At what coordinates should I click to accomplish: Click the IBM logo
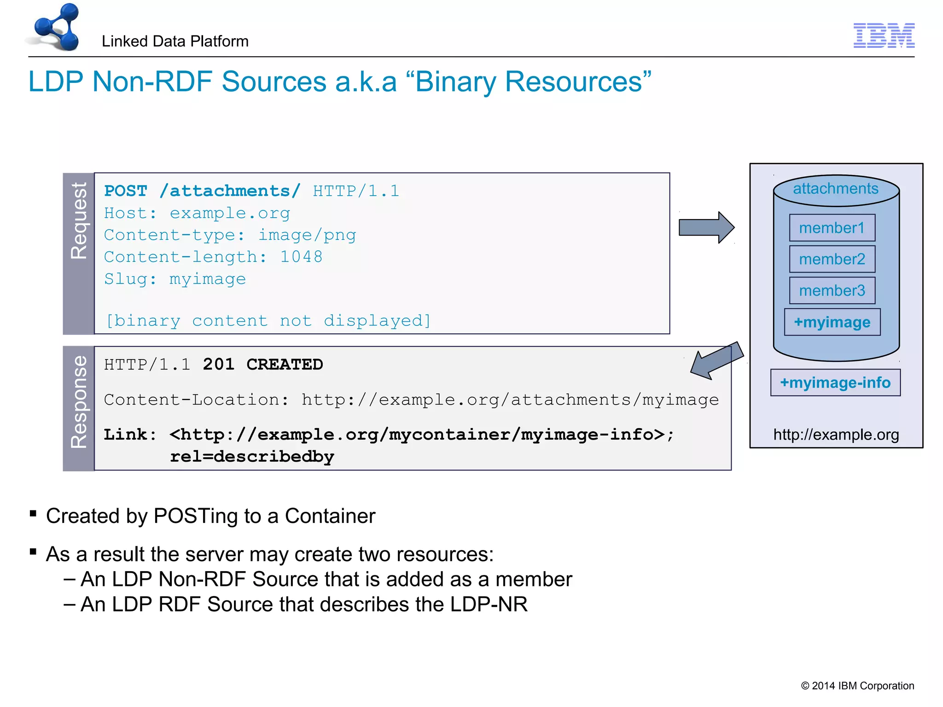click(x=884, y=35)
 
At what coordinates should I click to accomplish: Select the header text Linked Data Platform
click(x=175, y=41)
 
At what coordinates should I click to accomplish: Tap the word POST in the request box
click(x=126, y=191)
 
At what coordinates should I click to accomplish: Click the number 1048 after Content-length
click(x=301, y=257)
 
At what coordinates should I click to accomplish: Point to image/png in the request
click(x=307, y=235)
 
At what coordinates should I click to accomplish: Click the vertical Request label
click(x=79, y=221)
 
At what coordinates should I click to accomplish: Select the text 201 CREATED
click(x=263, y=365)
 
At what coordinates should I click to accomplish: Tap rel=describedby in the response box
click(x=252, y=457)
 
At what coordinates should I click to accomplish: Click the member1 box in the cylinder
click(x=832, y=228)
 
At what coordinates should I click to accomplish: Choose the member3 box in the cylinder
click(x=832, y=290)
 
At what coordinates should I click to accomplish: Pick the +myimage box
click(x=832, y=322)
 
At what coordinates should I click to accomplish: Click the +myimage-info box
click(x=835, y=382)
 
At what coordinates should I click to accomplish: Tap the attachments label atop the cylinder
click(x=835, y=189)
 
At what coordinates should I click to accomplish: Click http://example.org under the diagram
click(x=836, y=435)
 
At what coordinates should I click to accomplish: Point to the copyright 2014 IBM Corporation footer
click(x=857, y=686)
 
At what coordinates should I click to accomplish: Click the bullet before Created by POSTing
click(x=33, y=513)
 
